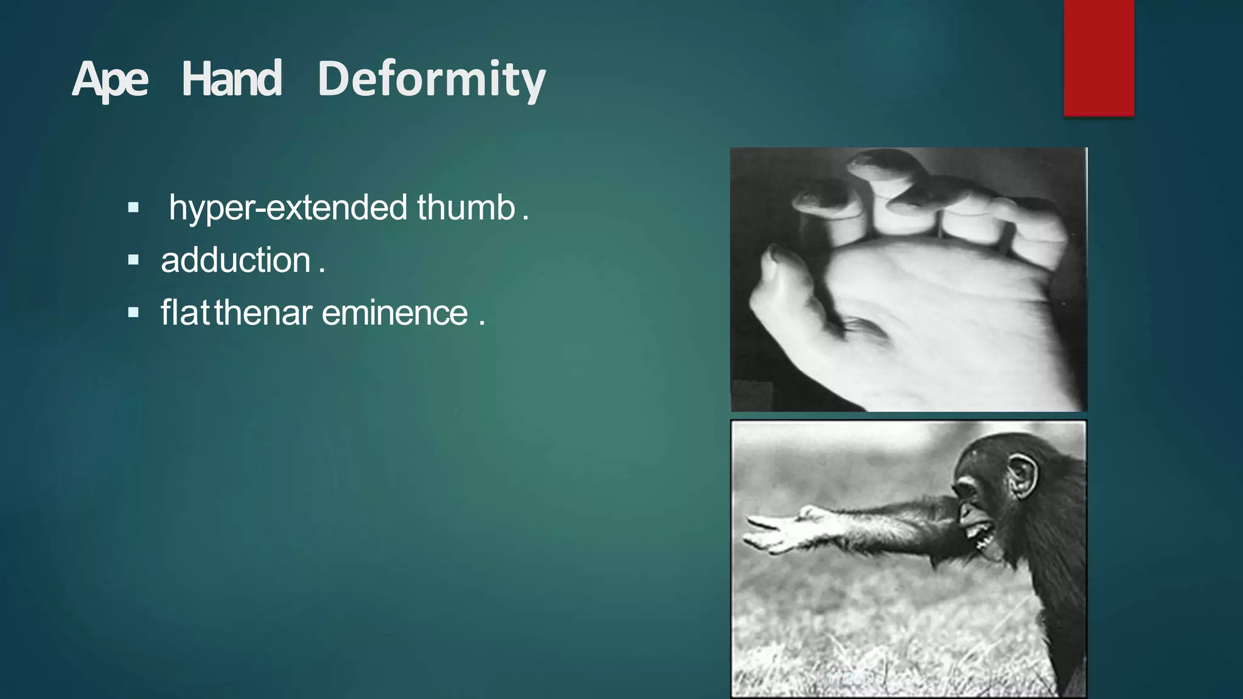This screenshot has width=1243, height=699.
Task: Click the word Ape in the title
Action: pyautogui.click(x=110, y=79)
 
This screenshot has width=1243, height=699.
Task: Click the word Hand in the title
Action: pyautogui.click(x=232, y=79)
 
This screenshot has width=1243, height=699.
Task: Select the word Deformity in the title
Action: pyautogui.click(x=432, y=79)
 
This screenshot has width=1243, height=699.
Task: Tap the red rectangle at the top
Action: pyautogui.click(x=1099, y=58)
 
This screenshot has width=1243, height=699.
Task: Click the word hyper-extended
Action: pyautogui.click(x=288, y=208)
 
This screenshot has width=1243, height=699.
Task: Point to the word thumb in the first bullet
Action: pyautogui.click(x=466, y=208)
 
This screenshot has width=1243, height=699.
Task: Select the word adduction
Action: pyautogui.click(x=235, y=260)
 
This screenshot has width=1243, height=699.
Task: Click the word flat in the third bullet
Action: pyautogui.click(x=185, y=313)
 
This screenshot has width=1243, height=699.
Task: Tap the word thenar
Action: pyautogui.click(x=263, y=313)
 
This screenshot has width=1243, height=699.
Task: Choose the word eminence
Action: pyautogui.click(x=395, y=313)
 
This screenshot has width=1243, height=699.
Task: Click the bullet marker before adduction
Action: pyautogui.click(x=134, y=261)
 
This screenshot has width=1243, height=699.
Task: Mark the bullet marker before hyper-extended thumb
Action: pyautogui.click(x=134, y=208)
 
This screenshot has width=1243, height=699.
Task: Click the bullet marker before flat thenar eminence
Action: pyautogui.click(x=134, y=314)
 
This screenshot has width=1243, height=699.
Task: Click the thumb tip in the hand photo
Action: pyautogui.click(x=774, y=255)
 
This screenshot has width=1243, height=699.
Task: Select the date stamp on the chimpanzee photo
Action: pyautogui.click(x=850, y=678)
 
